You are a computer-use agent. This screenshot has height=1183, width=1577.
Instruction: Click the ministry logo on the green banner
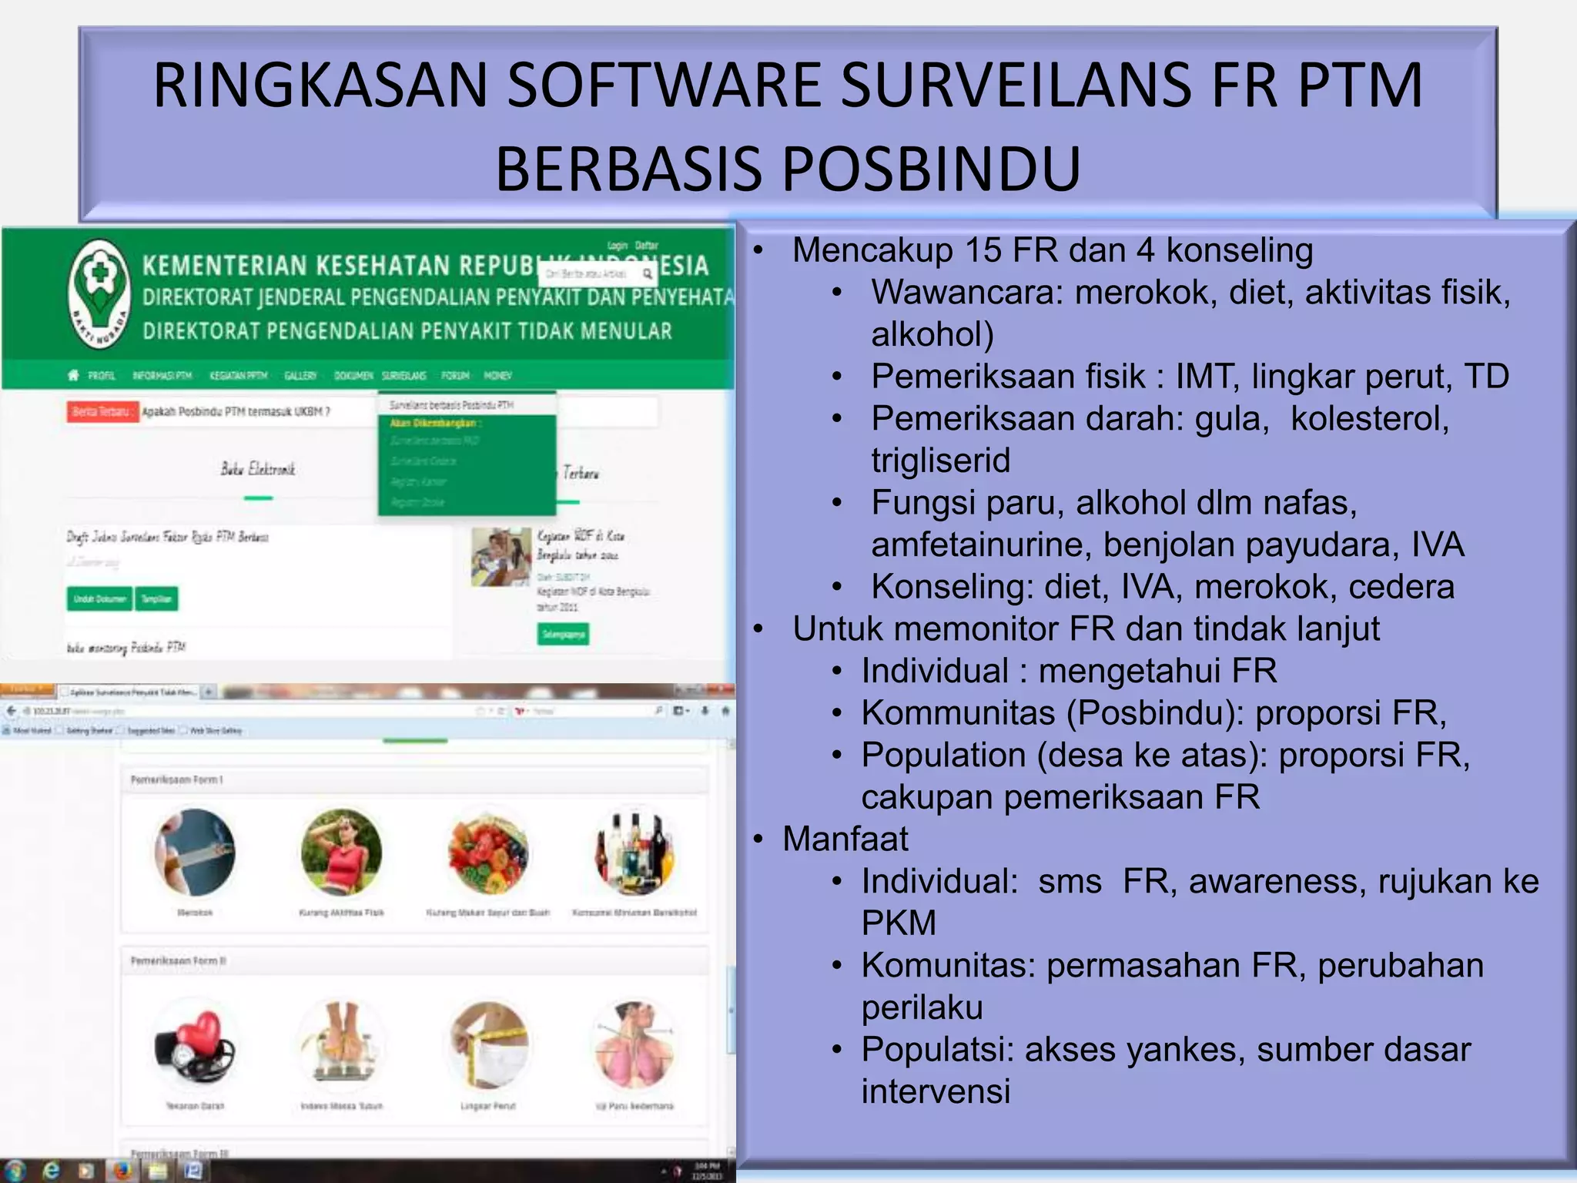(x=99, y=293)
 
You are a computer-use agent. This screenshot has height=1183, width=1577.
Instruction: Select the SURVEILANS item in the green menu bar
(x=403, y=376)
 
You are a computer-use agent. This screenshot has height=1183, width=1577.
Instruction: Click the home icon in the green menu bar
(x=73, y=375)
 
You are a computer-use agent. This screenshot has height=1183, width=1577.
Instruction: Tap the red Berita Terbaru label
(x=102, y=412)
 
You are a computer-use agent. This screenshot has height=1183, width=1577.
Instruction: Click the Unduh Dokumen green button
(x=99, y=598)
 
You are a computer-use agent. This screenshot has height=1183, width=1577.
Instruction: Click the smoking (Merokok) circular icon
(x=195, y=853)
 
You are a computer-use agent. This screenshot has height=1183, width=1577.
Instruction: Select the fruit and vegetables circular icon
(x=487, y=853)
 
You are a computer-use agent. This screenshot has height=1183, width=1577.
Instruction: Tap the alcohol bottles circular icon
(x=634, y=853)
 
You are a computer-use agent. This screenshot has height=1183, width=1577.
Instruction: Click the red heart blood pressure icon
(x=195, y=1046)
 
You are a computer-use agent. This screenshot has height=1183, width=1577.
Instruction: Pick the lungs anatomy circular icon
(x=634, y=1046)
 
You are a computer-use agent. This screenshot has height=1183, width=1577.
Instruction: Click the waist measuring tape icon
(x=487, y=1046)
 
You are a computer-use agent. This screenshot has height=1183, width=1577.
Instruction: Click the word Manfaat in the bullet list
(x=845, y=839)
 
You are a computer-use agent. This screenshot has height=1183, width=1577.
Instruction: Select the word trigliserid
(x=940, y=461)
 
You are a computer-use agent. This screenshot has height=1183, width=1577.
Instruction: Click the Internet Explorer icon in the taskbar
(x=51, y=1171)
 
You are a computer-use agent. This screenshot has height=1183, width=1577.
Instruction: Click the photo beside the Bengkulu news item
(x=501, y=557)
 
